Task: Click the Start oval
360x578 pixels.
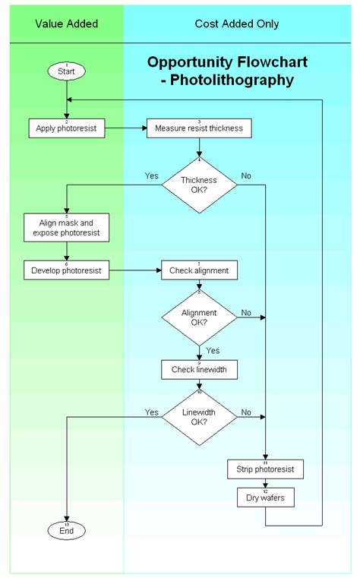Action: pos(67,71)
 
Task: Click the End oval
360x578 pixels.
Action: pos(67,531)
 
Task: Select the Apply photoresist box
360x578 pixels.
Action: pos(67,128)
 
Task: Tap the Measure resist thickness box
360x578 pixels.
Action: pos(199,128)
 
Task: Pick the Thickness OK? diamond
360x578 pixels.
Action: pos(199,185)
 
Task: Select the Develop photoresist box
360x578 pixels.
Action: pos(67,270)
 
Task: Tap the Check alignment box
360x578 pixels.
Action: pos(199,270)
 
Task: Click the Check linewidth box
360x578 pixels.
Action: pos(199,370)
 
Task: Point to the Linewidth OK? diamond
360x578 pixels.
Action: pos(199,417)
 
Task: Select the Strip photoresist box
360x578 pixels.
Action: pos(265,469)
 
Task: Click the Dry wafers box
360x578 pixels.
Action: pos(265,498)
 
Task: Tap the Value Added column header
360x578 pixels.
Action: pos(67,24)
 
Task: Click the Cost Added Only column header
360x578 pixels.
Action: pos(236,24)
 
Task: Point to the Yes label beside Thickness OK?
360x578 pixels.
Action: pos(152,175)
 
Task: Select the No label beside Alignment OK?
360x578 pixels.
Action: pos(246,312)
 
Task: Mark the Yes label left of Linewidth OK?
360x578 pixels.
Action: pos(152,412)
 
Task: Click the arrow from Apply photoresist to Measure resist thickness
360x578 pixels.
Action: pos(125,128)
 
